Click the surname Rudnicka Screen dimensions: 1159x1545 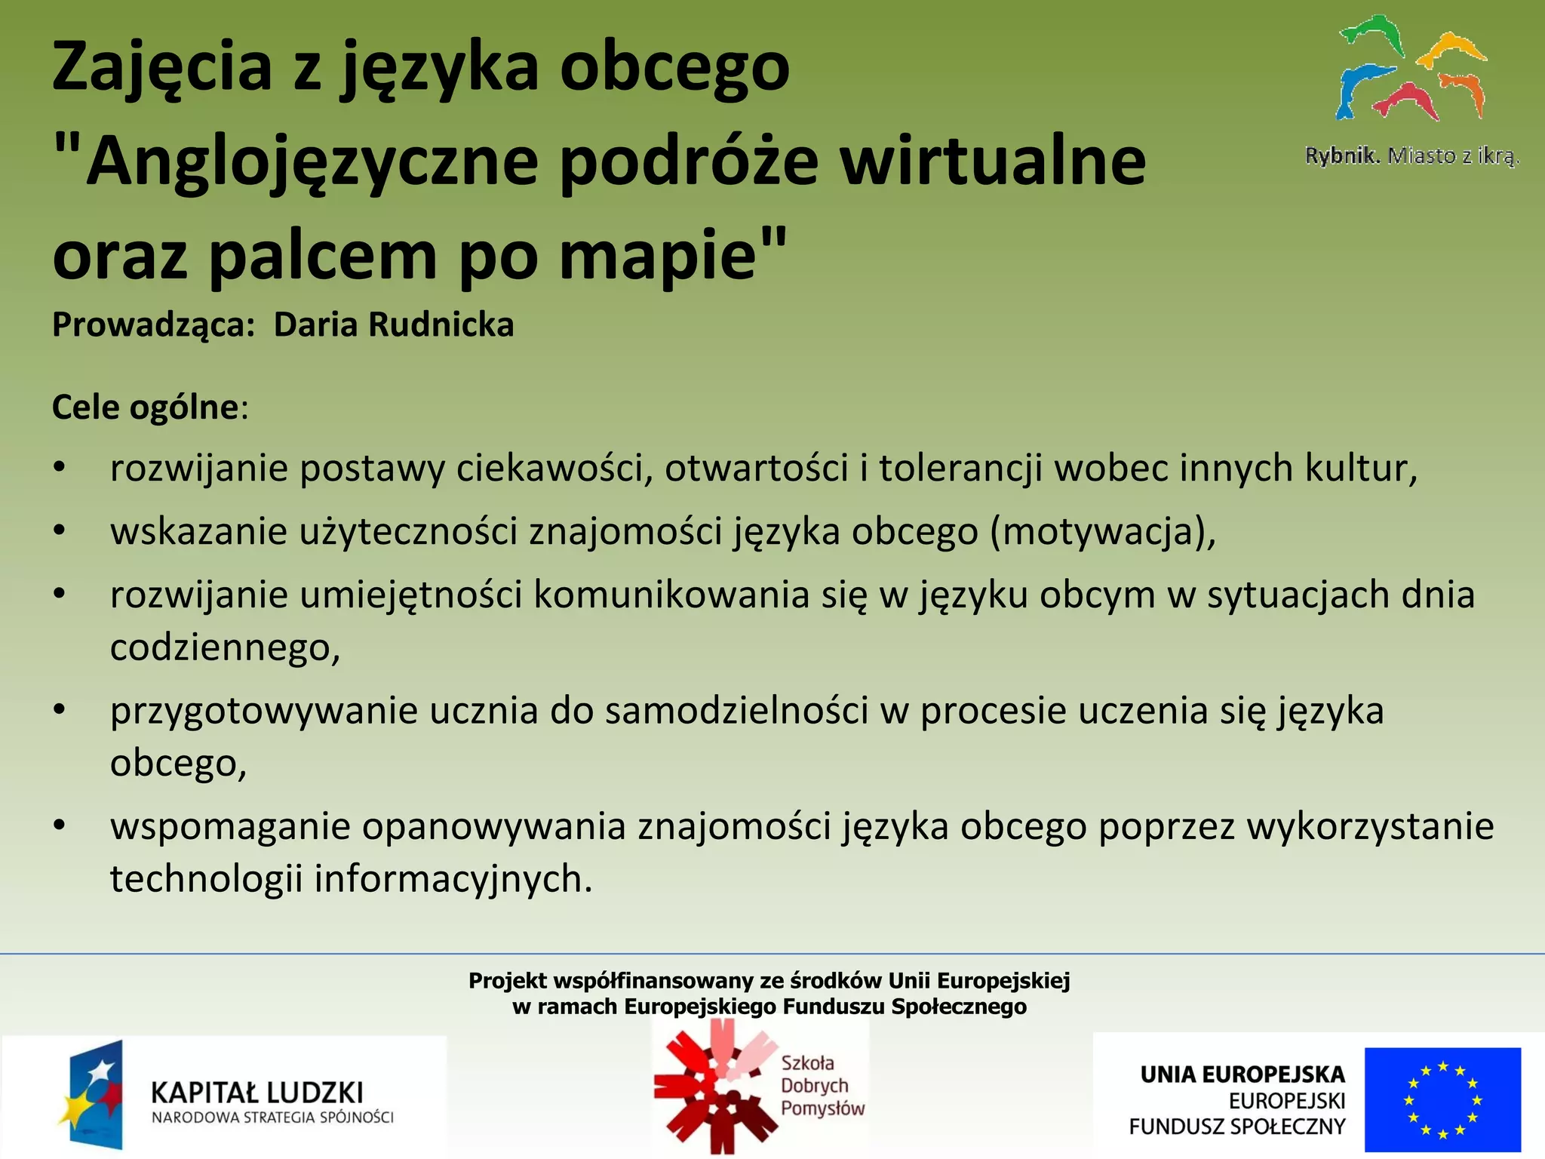(x=441, y=325)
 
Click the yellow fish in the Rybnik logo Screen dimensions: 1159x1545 (x=1451, y=49)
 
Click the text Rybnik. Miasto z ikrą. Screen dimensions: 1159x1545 (x=1411, y=156)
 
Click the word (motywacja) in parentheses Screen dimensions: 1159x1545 (x=1101, y=532)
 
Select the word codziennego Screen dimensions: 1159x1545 (x=223, y=648)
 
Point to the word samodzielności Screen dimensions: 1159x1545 (x=737, y=712)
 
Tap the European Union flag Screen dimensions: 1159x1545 (x=1442, y=1099)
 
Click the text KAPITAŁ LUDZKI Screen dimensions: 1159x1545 (x=257, y=1093)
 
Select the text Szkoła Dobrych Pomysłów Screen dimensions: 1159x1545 (x=821, y=1086)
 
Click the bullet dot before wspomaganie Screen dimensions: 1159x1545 (x=60, y=825)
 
